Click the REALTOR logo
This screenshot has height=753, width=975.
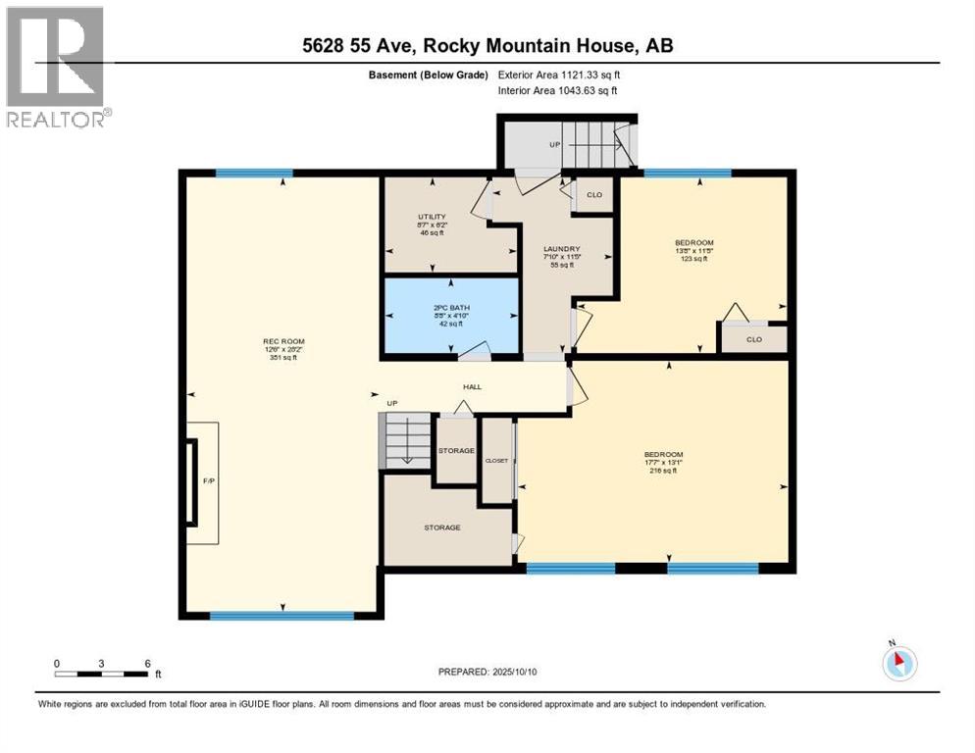coord(56,67)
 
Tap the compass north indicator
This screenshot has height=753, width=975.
coord(898,663)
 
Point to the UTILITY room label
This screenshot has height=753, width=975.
coord(433,217)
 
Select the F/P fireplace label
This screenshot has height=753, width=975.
coord(208,481)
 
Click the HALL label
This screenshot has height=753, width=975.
coord(473,386)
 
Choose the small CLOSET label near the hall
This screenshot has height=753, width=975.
coord(496,460)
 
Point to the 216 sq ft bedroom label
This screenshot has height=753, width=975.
coord(663,454)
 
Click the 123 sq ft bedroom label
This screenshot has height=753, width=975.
coord(693,242)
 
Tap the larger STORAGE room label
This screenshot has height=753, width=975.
coord(442,527)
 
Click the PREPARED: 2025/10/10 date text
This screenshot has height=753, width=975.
coord(487,672)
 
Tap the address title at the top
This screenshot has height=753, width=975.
coord(487,45)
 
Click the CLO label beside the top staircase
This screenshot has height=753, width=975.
coord(594,194)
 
